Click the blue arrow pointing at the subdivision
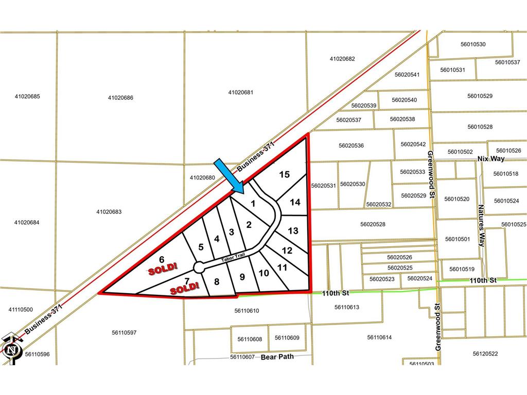230,176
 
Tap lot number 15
284,174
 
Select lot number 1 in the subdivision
253,203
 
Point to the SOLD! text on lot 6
163,268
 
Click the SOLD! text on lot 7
184,289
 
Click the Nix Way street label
491,158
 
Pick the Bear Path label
277,356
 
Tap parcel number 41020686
121,97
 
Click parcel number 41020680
202,177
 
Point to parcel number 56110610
247,311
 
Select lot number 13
293,231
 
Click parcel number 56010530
473,44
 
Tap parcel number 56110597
124,332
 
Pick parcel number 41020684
27,222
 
